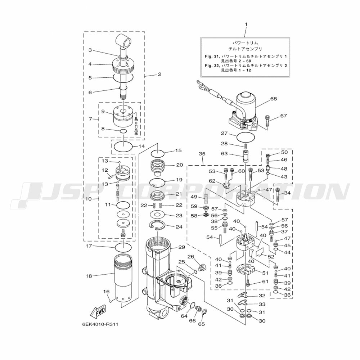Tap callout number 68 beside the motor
(274, 99)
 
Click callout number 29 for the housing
(181, 247)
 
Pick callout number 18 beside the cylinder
(89, 276)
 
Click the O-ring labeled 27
(246, 138)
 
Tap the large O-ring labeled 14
(123, 146)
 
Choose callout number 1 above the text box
(246, 24)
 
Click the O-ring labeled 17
(123, 247)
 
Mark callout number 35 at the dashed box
(202, 154)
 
